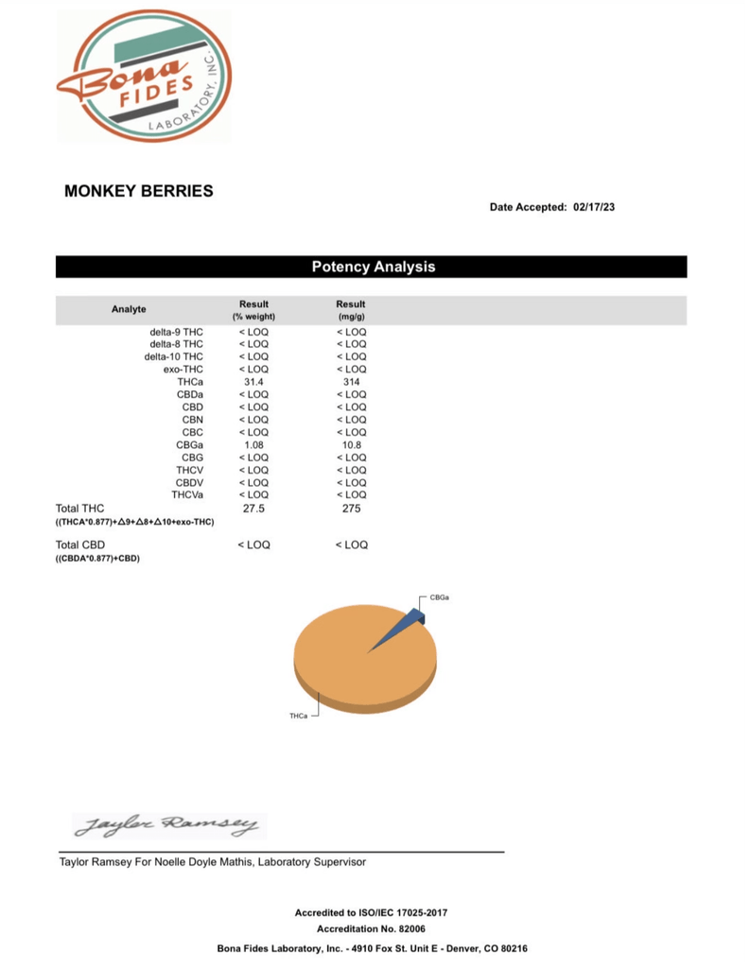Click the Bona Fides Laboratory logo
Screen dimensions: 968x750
(144, 76)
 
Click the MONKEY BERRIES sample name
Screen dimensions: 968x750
(138, 191)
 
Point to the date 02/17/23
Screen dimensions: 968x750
(595, 207)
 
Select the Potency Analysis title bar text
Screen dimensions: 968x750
(374, 267)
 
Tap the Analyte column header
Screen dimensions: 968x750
(129, 309)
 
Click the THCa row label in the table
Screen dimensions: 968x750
(189, 382)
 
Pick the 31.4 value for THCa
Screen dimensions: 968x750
(253, 382)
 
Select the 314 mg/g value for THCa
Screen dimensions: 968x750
(351, 382)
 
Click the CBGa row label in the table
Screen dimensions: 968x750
(186, 444)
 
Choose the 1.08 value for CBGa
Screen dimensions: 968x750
(253, 444)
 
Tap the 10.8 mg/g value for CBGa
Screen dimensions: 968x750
(351, 444)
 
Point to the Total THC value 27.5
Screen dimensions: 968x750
(253, 509)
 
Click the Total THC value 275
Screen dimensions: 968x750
(351, 509)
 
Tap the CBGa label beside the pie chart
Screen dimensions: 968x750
(439, 597)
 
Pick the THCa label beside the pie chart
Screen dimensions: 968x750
(298, 716)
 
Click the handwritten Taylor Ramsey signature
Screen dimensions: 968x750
(166, 825)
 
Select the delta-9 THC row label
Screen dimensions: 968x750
(176, 332)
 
